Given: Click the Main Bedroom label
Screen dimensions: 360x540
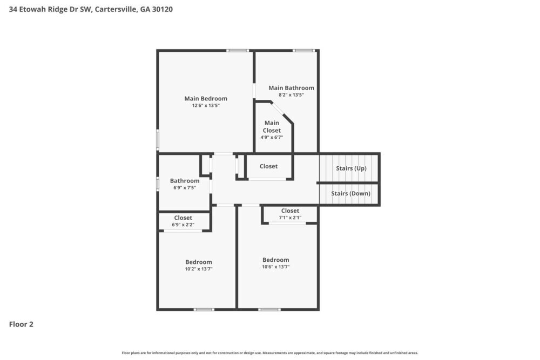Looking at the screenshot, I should pyautogui.click(x=206, y=99).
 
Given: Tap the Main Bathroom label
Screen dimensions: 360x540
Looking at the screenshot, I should pyautogui.click(x=291, y=88).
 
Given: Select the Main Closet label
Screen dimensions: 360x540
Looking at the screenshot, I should pyautogui.click(x=272, y=127).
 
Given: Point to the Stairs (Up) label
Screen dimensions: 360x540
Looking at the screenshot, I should pyautogui.click(x=351, y=168).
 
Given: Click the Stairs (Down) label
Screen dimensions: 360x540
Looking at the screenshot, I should pyautogui.click(x=351, y=194).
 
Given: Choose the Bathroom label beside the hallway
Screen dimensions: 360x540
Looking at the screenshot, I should pyautogui.click(x=185, y=181).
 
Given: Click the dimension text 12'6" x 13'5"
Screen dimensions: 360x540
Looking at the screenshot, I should pyautogui.click(x=206, y=106).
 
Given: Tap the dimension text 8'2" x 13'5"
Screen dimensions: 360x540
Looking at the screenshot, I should pyautogui.click(x=291, y=95).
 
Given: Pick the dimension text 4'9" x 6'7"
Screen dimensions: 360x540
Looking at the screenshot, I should pyautogui.click(x=272, y=138).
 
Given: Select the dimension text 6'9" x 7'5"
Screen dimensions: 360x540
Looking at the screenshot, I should pyautogui.click(x=185, y=188).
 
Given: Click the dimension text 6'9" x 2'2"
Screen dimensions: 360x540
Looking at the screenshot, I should pyautogui.click(x=183, y=225).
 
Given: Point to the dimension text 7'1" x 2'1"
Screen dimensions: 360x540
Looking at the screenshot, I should pyautogui.click(x=290, y=218).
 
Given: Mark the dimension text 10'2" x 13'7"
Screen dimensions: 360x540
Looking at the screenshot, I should pyautogui.click(x=199, y=269).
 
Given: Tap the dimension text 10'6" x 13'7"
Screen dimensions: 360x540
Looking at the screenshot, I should pyautogui.click(x=276, y=267).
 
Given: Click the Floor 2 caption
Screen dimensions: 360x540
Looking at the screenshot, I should pyautogui.click(x=21, y=324).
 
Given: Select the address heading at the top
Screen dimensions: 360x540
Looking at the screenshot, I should pyautogui.click(x=91, y=9).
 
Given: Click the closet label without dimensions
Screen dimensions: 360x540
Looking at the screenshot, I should pyautogui.click(x=268, y=166).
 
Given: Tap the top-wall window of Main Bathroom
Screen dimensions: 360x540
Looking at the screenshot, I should pyautogui.click(x=304, y=51).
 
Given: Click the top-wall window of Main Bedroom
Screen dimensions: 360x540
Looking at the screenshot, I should pyautogui.click(x=237, y=51).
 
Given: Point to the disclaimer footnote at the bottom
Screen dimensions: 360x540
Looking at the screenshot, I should pyautogui.click(x=270, y=353).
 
